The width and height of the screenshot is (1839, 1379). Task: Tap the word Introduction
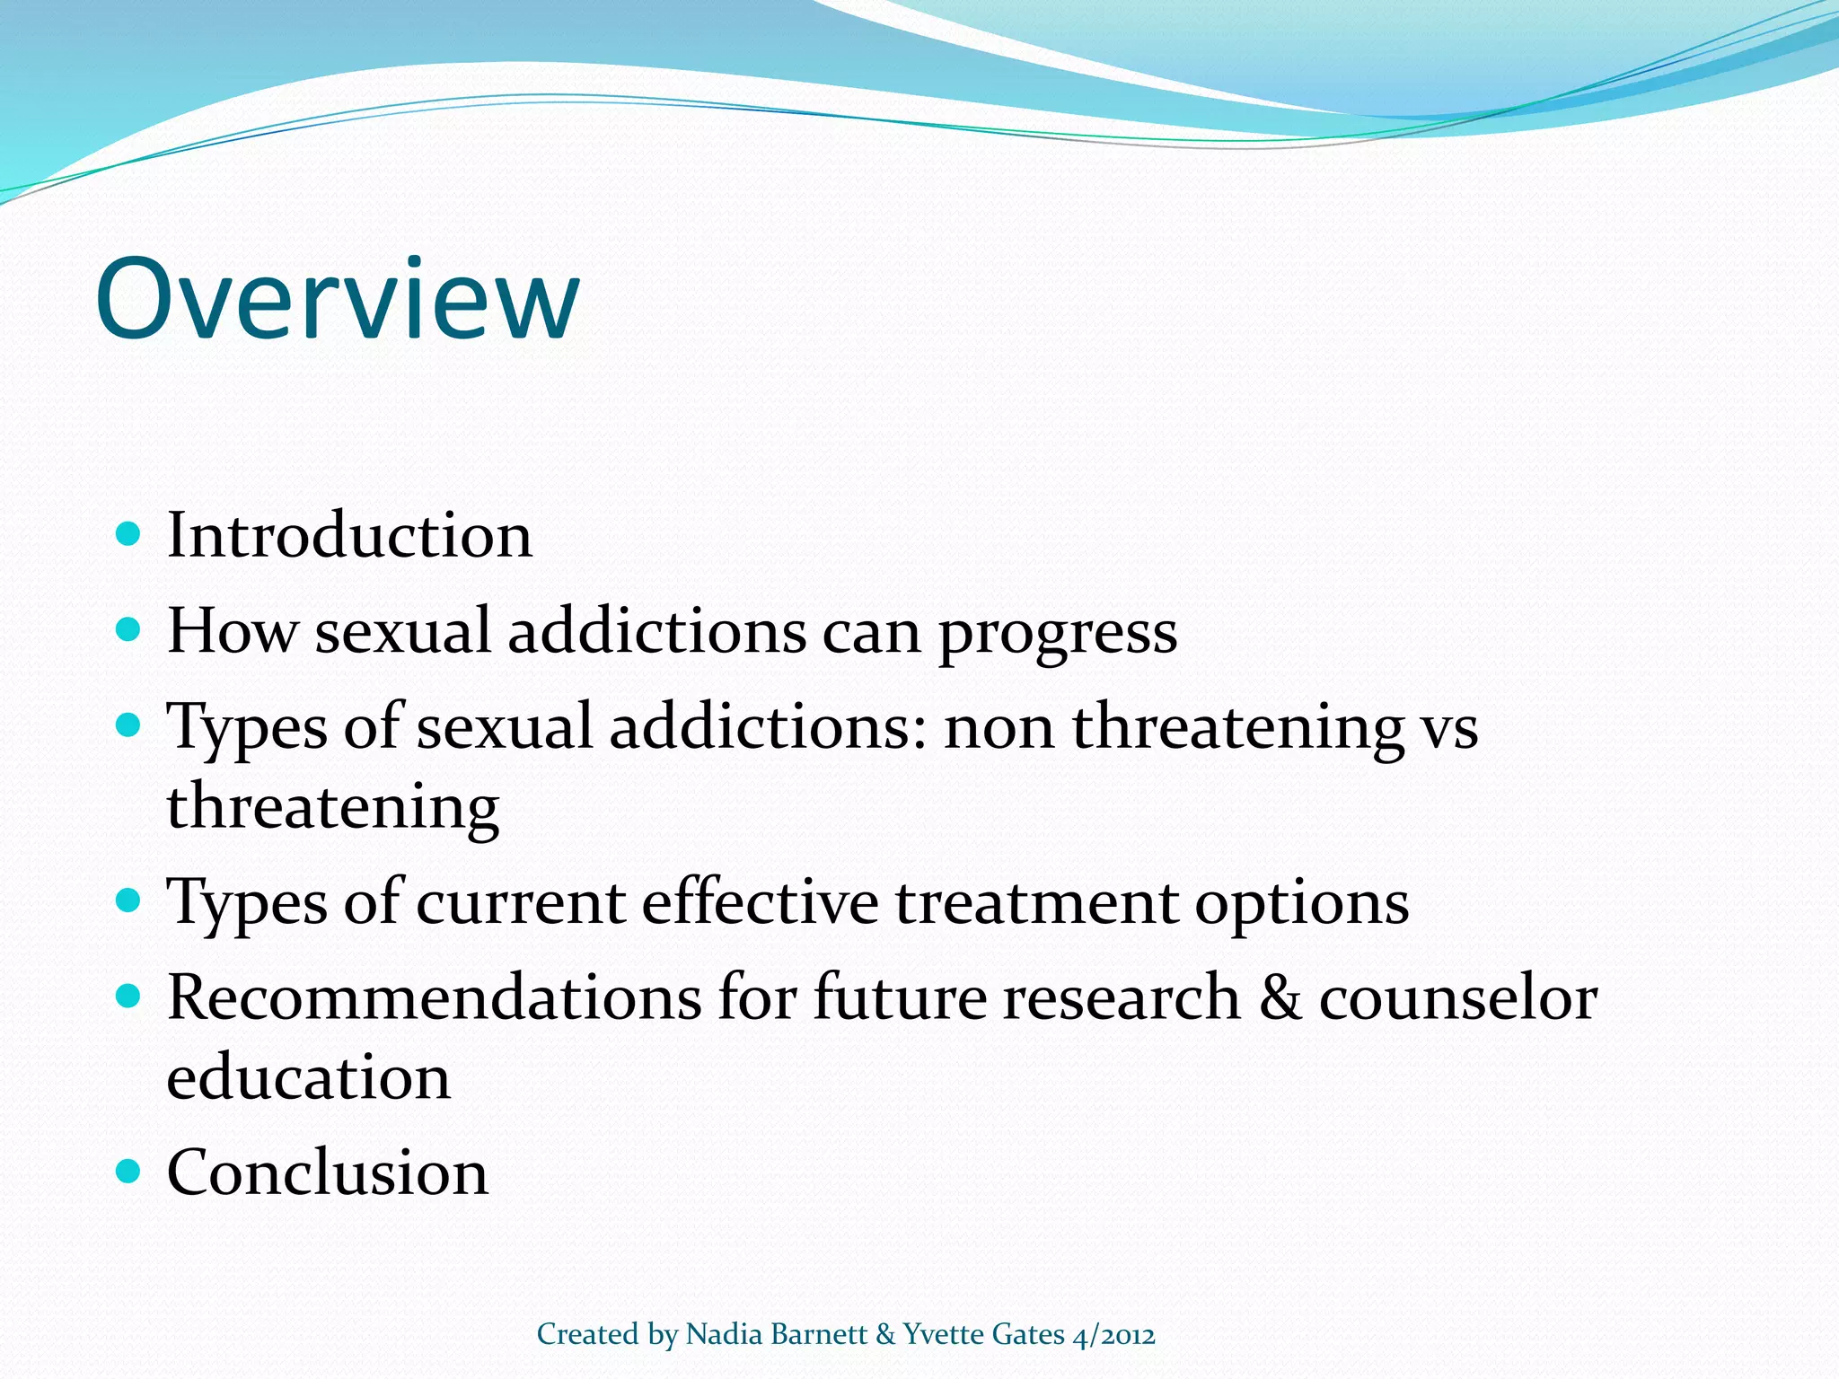coord(349,535)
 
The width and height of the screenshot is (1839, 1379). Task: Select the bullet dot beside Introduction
coord(129,534)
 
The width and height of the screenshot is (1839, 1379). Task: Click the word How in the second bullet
coord(232,630)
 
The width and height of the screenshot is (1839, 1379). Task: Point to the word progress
coord(1058,634)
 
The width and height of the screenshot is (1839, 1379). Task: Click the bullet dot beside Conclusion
coord(129,1171)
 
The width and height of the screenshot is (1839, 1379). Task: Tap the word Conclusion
coord(328,1173)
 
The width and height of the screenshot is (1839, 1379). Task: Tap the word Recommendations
coord(434,997)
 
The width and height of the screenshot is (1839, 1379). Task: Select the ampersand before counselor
coord(1280,997)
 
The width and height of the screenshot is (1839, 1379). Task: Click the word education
coord(308,1077)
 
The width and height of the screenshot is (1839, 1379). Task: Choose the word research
coord(1122,997)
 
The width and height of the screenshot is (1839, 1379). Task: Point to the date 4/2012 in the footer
coord(1114,1335)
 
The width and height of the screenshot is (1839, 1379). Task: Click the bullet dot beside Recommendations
coord(129,996)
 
